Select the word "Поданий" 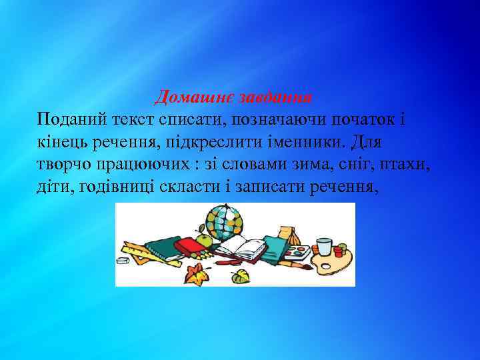[x=71, y=121]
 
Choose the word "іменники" [x=305, y=143]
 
